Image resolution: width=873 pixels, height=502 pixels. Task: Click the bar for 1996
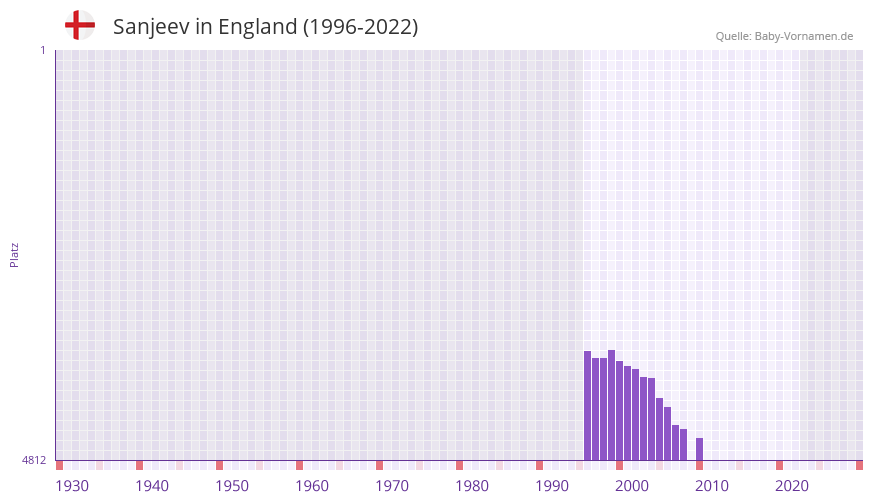[588, 405]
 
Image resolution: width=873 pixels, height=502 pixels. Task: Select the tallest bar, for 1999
[612, 405]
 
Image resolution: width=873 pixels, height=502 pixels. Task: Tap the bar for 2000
[620, 410]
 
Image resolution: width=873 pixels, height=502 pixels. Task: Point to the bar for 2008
[684, 444]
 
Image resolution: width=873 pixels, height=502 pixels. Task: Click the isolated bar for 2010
[700, 449]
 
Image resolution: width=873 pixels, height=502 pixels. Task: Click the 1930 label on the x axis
[72, 486]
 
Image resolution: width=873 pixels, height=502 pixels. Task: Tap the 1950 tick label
[232, 486]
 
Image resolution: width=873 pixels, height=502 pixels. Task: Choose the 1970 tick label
[392, 486]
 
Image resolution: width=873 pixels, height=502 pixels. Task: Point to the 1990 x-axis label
[552, 486]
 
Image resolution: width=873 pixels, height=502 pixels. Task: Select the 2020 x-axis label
[792, 486]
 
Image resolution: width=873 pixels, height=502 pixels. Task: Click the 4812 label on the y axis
[34, 461]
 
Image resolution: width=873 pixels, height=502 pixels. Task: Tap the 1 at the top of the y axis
[42, 50]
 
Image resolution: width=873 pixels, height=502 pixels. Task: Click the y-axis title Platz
[14, 255]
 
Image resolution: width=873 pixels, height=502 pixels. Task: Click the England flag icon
[80, 26]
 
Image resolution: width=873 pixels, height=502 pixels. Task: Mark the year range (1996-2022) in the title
[360, 27]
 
